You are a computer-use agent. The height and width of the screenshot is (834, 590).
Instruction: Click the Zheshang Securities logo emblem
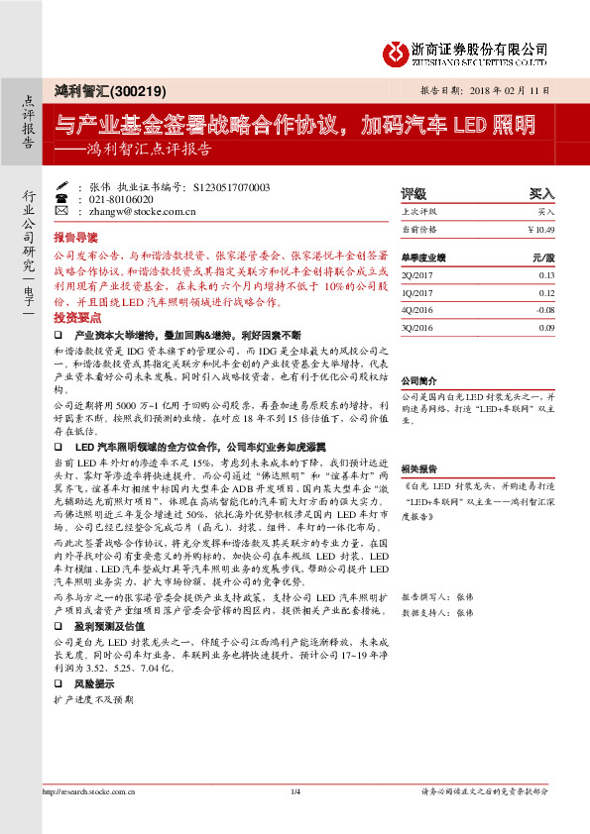coord(398,52)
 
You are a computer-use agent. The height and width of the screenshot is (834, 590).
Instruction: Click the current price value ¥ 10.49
coord(541,229)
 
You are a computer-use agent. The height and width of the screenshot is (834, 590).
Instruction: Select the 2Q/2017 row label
coord(413,275)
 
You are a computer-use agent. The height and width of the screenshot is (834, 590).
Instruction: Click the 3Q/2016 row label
coord(413,327)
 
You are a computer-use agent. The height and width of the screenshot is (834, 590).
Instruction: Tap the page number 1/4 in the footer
coord(295,819)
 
